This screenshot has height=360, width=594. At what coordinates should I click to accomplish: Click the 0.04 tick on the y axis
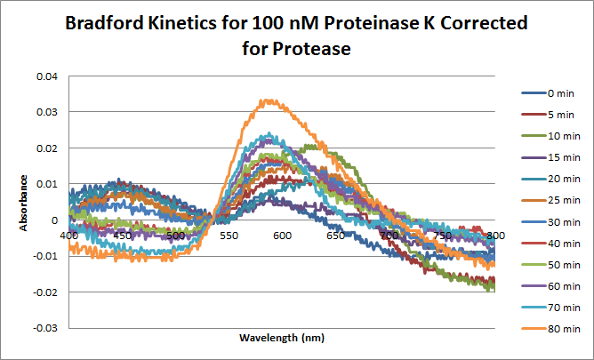(x=45, y=76)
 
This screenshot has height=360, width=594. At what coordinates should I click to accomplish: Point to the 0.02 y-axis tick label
(x=45, y=148)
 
